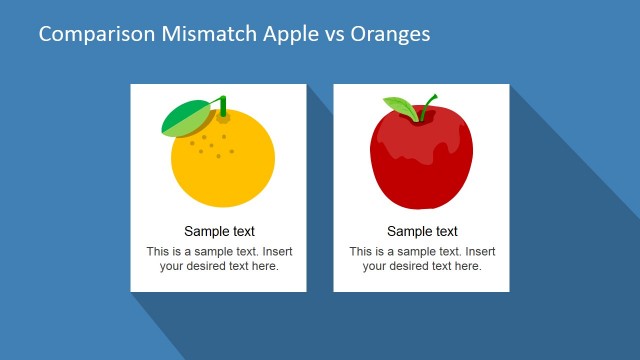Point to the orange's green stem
pyautogui.click(x=222, y=105)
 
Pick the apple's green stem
pyautogui.click(x=428, y=103)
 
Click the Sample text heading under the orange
pyautogui.click(x=219, y=232)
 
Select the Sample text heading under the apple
pyautogui.click(x=422, y=232)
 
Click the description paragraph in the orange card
pyautogui.click(x=219, y=259)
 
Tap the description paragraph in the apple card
pyautogui.click(x=422, y=259)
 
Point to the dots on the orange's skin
pyautogui.click(x=211, y=145)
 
